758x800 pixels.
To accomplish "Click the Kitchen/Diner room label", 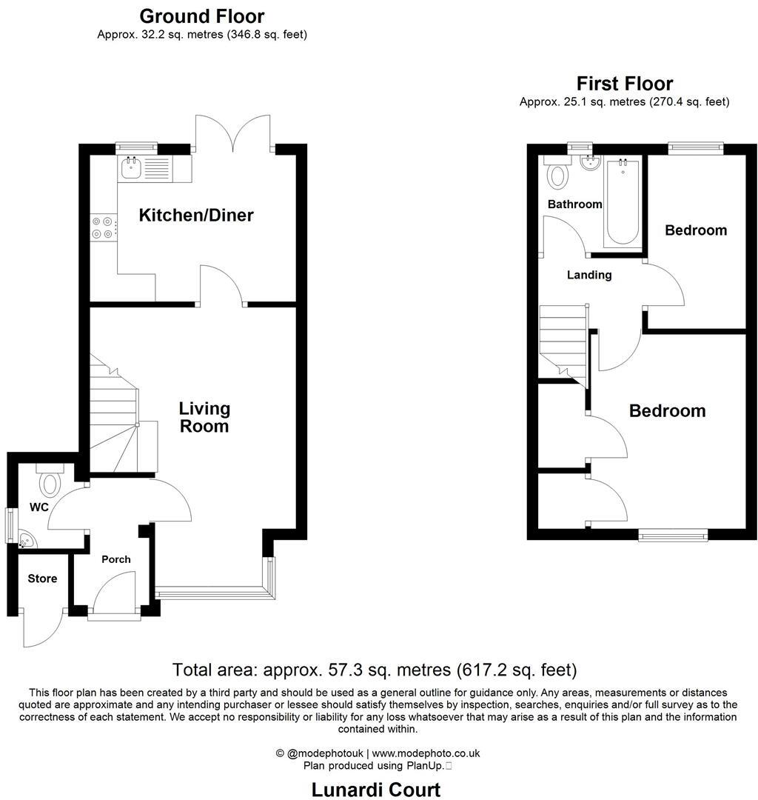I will point(196,216).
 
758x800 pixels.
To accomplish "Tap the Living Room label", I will point(204,417).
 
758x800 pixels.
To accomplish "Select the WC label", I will point(39,507).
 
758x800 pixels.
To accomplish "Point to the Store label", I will point(42,579).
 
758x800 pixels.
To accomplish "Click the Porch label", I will point(116,559).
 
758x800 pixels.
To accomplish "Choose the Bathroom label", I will point(574,204).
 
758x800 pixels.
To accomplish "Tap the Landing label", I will point(589,275).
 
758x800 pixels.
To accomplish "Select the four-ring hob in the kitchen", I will point(102,227).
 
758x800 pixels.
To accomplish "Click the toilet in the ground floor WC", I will point(50,482).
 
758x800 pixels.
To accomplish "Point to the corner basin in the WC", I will point(26,540).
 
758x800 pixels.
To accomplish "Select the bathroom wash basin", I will point(591,162).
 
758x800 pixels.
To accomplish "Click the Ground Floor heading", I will point(201,16).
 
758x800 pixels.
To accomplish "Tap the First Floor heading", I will point(625,83).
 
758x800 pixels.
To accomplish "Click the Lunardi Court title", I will point(376,790).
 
